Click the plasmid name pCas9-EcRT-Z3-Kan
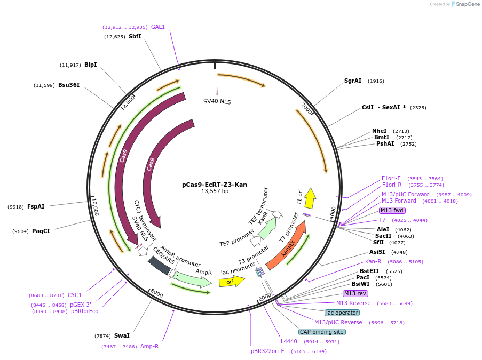[x=214, y=185]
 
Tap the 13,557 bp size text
[x=214, y=191]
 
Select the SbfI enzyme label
[x=135, y=37]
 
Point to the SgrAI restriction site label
[x=353, y=81]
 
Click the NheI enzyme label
[x=379, y=131]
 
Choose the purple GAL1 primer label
[x=158, y=27]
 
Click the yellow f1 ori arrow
[x=309, y=198]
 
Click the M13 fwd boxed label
[x=392, y=211]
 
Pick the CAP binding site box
[x=322, y=332]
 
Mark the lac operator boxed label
[x=342, y=313]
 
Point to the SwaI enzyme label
[x=122, y=336]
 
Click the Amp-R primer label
[x=149, y=346]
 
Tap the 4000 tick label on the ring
[x=333, y=212]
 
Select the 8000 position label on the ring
[x=156, y=293]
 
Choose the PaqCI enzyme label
[x=41, y=231]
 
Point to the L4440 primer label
[x=289, y=341]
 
